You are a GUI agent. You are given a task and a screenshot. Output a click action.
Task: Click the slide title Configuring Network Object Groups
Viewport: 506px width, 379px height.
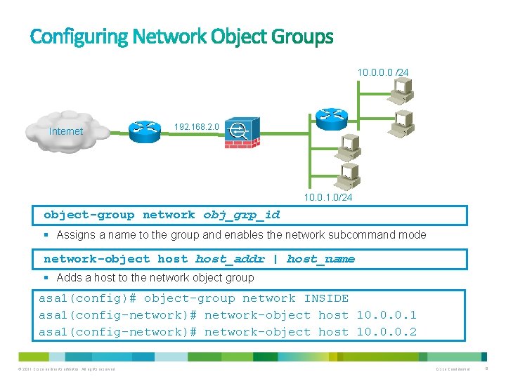[x=181, y=36]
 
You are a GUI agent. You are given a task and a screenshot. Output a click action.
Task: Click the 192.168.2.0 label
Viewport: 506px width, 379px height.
[x=196, y=127]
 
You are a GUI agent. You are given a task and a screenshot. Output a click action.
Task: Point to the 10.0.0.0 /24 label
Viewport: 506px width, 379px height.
[x=382, y=72]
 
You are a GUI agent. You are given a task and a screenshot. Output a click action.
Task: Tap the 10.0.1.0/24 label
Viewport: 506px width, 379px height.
[x=328, y=198]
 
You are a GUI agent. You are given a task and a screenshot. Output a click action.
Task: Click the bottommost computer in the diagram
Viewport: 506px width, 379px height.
[x=347, y=173]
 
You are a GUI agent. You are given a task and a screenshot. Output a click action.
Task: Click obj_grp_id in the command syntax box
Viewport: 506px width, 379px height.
[x=241, y=215]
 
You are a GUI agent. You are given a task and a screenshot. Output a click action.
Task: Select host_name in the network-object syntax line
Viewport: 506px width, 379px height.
[x=320, y=259]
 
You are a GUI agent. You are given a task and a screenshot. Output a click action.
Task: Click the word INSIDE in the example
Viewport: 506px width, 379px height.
[x=326, y=298]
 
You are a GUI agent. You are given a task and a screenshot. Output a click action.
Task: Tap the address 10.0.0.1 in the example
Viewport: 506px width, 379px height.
[x=387, y=315]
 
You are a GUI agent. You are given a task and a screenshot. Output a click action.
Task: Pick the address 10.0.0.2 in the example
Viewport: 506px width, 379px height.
[x=387, y=332]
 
